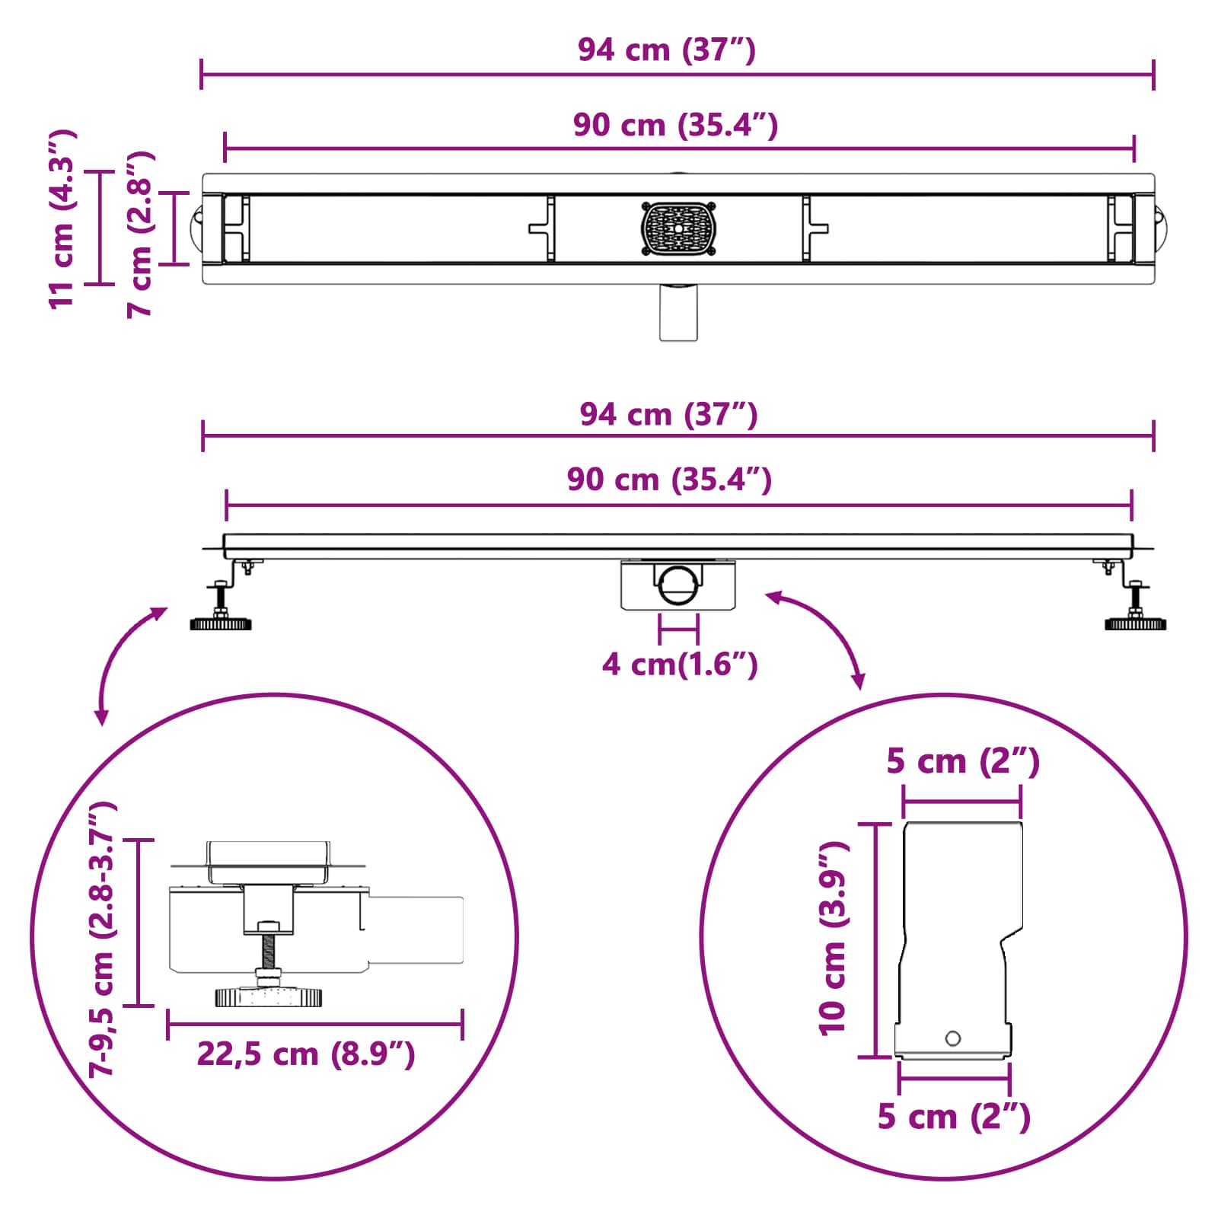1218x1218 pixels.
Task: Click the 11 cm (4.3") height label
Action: [x=62, y=219]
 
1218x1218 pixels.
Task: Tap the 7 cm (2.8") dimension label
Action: [x=141, y=234]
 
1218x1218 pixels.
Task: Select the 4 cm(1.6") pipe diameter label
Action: [x=679, y=665]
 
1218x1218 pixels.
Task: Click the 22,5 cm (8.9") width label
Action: [x=306, y=1054]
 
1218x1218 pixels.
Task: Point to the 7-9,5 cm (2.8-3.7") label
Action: [x=102, y=939]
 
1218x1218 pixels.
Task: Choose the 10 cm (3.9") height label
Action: [x=833, y=939]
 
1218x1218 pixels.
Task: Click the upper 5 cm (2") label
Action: [x=962, y=761]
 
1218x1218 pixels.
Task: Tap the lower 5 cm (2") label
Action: [x=953, y=1117]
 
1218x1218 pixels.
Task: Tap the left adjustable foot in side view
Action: [x=221, y=623]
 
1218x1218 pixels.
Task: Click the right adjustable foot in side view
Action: [x=1135, y=623]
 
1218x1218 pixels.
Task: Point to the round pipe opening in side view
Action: [x=677, y=585]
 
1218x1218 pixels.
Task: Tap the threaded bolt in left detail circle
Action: [x=268, y=951]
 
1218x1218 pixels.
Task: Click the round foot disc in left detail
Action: [x=268, y=996]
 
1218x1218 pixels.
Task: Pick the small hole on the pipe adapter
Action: [x=952, y=1038]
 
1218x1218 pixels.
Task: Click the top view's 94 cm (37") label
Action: [x=666, y=50]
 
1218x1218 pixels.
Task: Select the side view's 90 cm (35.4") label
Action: [x=669, y=480]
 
